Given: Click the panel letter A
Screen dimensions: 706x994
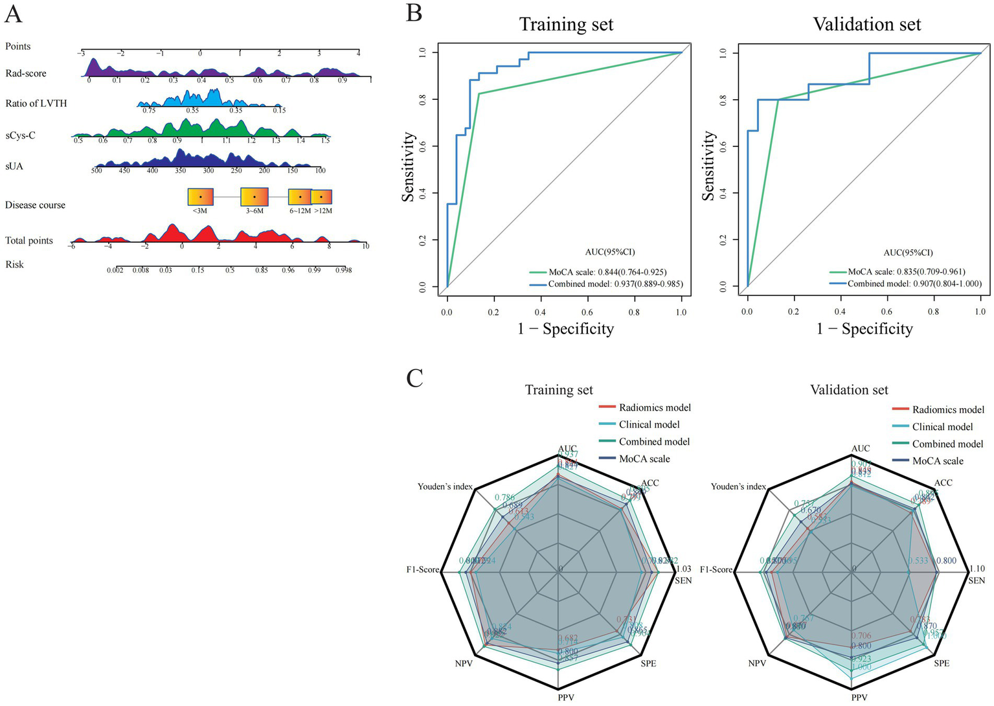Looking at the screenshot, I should click(x=13, y=14).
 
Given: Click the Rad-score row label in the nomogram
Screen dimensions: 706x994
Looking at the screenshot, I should click(x=26, y=73).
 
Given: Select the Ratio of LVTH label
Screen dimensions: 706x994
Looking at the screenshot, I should click(x=36, y=104).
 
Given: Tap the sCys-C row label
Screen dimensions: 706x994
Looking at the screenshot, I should click(x=20, y=135).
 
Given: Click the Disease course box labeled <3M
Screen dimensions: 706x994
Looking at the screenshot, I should click(x=200, y=197).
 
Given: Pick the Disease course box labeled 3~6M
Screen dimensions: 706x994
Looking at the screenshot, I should click(x=254, y=197).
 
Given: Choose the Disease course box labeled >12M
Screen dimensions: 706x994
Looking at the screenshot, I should click(x=321, y=197).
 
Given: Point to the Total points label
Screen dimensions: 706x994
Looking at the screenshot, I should click(x=29, y=241).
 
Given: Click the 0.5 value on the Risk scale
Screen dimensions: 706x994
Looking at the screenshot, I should click(x=230, y=270).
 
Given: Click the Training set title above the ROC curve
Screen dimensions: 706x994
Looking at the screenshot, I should click(x=566, y=25).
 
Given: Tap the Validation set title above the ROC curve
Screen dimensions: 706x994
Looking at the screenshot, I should click(x=867, y=25).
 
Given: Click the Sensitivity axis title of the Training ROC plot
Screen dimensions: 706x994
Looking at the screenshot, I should click(x=409, y=167).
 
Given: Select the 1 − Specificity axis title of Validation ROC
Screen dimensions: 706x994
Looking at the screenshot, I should click(x=864, y=329).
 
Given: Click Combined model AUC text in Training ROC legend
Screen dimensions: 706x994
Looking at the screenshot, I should click(x=615, y=284).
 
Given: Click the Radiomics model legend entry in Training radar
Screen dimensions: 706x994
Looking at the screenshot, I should click(x=654, y=407).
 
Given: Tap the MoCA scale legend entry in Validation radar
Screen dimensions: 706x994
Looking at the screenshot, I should click(x=938, y=461).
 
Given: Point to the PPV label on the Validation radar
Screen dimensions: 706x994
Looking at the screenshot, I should click(x=859, y=698).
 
